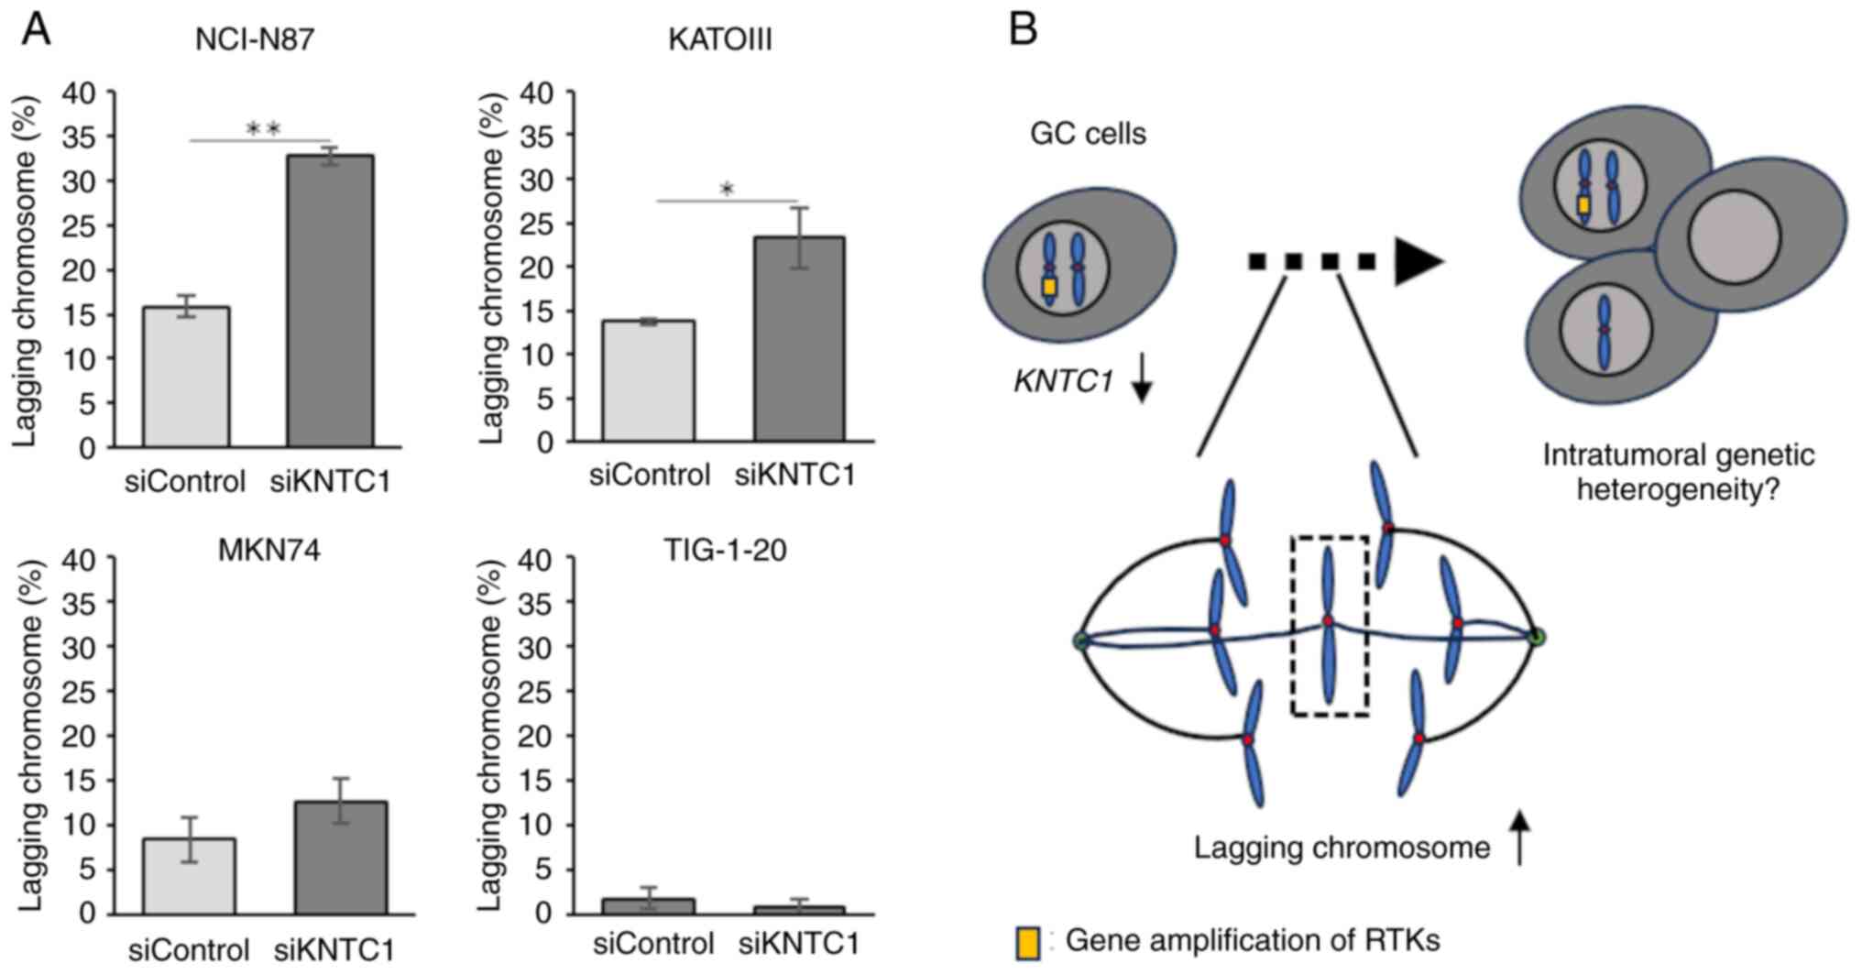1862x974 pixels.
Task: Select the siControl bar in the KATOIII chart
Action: [649, 381]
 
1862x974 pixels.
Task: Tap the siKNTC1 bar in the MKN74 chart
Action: [340, 858]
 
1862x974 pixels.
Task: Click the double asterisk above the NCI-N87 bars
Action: [264, 129]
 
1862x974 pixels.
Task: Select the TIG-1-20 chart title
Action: [724, 550]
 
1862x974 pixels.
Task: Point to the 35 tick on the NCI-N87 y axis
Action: [80, 137]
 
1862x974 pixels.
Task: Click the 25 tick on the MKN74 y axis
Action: [80, 692]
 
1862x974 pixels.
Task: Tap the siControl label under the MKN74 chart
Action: [189, 950]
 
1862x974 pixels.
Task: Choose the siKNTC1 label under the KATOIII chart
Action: [795, 475]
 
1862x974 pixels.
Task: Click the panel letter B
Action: [1023, 29]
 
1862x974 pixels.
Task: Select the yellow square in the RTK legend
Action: [1028, 944]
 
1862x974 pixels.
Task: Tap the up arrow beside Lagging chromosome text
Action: [1520, 837]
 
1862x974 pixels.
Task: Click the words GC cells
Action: [1088, 134]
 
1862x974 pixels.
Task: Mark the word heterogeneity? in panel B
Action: [1677, 490]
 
